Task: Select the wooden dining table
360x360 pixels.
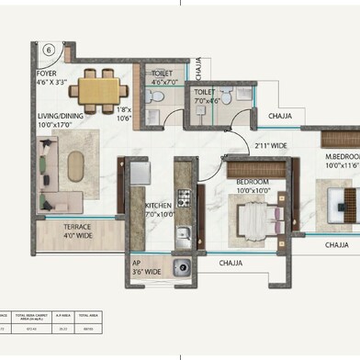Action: coord(99,90)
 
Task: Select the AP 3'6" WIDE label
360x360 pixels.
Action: coord(147,267)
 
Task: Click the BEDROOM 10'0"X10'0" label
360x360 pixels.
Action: coord(254,185)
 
